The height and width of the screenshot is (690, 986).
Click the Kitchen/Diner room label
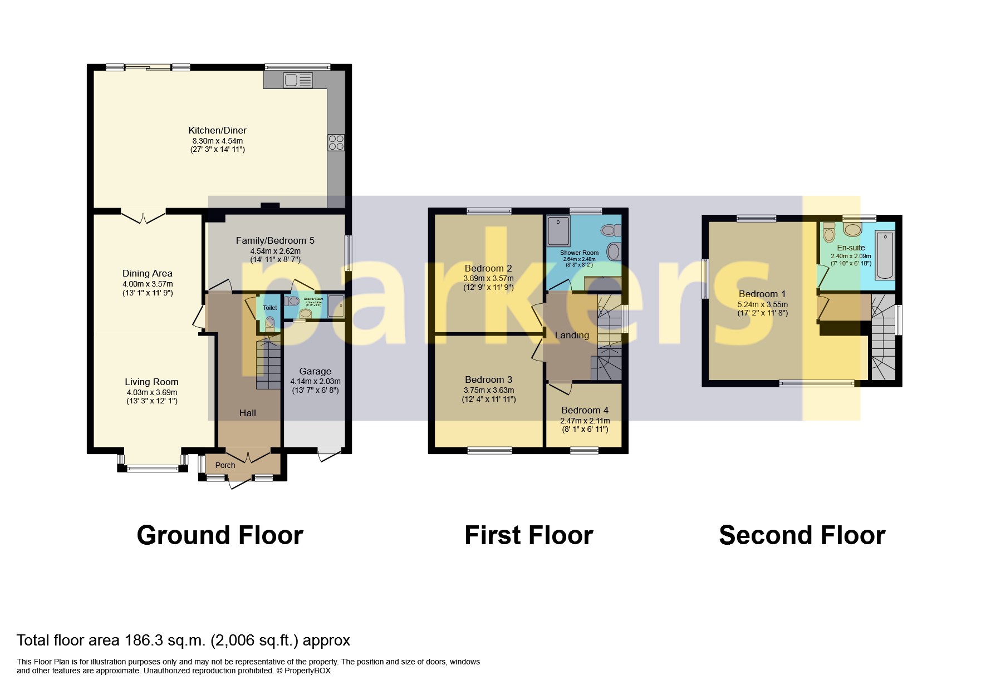tap(217, 130)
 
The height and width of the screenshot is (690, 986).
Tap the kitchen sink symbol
tap(297, 81)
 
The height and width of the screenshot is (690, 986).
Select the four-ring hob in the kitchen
tap(336, 142)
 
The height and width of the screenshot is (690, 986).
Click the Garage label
tap(315, 371)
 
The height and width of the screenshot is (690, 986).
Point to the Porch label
tap(225, 465)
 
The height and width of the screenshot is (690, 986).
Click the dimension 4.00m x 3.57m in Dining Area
tap(148, 284)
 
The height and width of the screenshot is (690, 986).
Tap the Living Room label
tap(151, 382)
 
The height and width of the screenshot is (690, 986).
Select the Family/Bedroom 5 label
tap(275, 240)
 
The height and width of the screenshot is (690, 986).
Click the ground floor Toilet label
tap(269, 308)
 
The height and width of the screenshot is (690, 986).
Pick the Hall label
tap(247, 413)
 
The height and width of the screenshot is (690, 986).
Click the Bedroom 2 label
tap(488, 268)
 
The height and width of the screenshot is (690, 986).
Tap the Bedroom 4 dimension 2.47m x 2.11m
tap(585, 421)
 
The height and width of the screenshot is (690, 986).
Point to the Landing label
tap(572, 335)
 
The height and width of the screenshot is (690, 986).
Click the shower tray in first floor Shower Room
tap(558, 231)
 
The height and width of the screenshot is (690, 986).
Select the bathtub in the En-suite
tap(884, 255)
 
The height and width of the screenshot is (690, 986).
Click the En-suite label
tap(851, 248)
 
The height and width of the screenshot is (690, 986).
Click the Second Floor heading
tap(802, 535)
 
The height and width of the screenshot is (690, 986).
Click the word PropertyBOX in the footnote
tap(307, 671)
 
